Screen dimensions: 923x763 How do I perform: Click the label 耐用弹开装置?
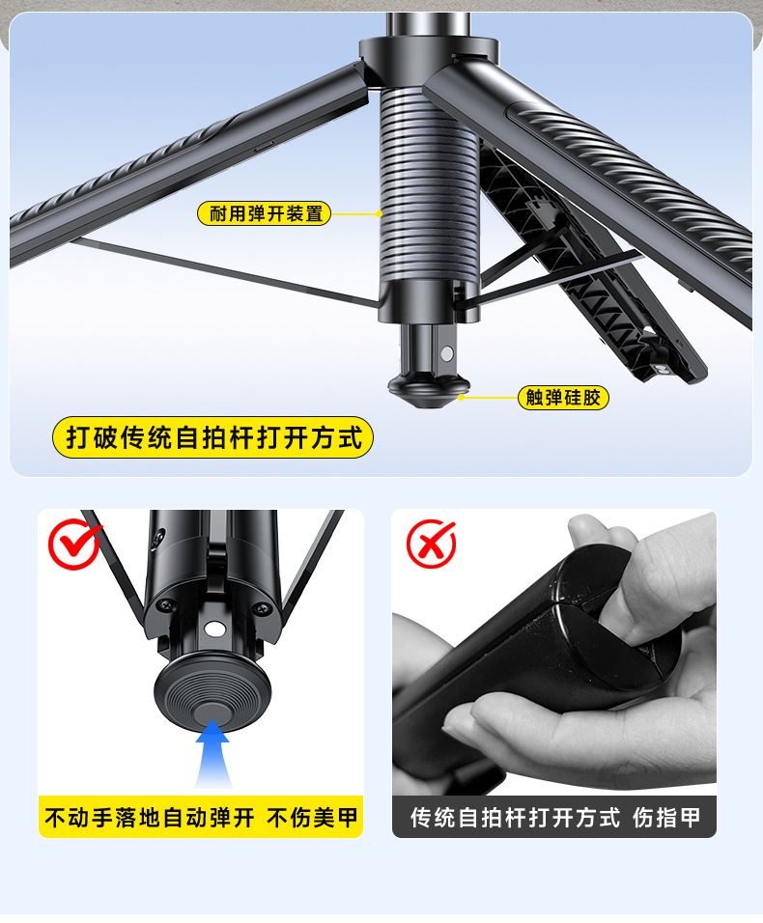coord(265,213)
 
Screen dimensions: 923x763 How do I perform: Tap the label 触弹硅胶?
coord(564,397)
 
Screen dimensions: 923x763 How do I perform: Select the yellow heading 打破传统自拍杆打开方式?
coord(212,438)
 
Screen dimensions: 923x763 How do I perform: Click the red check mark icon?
coord(74,544)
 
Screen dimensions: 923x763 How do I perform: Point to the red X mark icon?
coord(431,544)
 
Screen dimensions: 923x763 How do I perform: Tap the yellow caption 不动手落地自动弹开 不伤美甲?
coord(201,819)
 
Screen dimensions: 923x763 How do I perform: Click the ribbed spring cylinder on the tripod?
coord(428,183)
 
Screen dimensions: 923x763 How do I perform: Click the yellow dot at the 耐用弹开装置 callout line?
coord(380,213)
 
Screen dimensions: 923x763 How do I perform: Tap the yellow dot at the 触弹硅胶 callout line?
coord(462,397)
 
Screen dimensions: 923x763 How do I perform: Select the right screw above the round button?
coord(258,607)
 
